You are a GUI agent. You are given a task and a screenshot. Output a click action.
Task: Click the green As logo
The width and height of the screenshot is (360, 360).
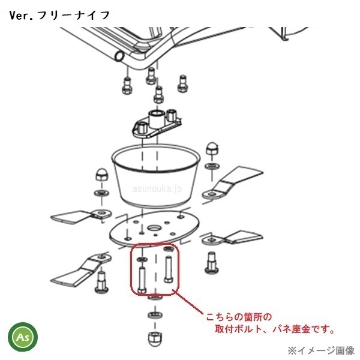coord(23,337)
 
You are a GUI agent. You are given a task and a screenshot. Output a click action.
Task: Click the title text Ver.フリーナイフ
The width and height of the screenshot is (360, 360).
coord(59,16)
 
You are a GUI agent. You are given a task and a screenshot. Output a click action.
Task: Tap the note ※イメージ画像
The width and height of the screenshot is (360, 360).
coord(321,350)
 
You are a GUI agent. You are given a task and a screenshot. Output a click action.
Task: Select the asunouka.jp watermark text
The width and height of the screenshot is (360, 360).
coord(157,189)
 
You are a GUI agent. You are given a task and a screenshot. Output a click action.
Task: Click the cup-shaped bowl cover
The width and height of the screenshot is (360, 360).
coord(156,175)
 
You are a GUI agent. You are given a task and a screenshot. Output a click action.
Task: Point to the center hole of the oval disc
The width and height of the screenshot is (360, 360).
coord(154,228)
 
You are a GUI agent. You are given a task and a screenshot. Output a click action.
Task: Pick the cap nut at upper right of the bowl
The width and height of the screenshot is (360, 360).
coord(212,149)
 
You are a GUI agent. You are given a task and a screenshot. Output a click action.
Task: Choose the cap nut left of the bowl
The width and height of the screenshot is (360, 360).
coord(101,175)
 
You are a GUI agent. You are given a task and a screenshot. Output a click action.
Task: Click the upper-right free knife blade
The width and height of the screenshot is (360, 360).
coord(232,182)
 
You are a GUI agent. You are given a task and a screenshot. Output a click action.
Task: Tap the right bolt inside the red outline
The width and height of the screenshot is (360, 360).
coord(168,269)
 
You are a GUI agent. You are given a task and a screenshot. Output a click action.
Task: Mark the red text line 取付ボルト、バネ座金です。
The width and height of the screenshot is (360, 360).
coord(275,329)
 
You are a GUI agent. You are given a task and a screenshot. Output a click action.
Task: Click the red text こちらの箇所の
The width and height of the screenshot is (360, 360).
coord(239,317)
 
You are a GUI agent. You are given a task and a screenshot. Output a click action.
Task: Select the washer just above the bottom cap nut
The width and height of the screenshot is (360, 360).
coord(155,314)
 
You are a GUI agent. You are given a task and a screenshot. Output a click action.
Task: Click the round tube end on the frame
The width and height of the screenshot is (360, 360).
coord(119,56)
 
